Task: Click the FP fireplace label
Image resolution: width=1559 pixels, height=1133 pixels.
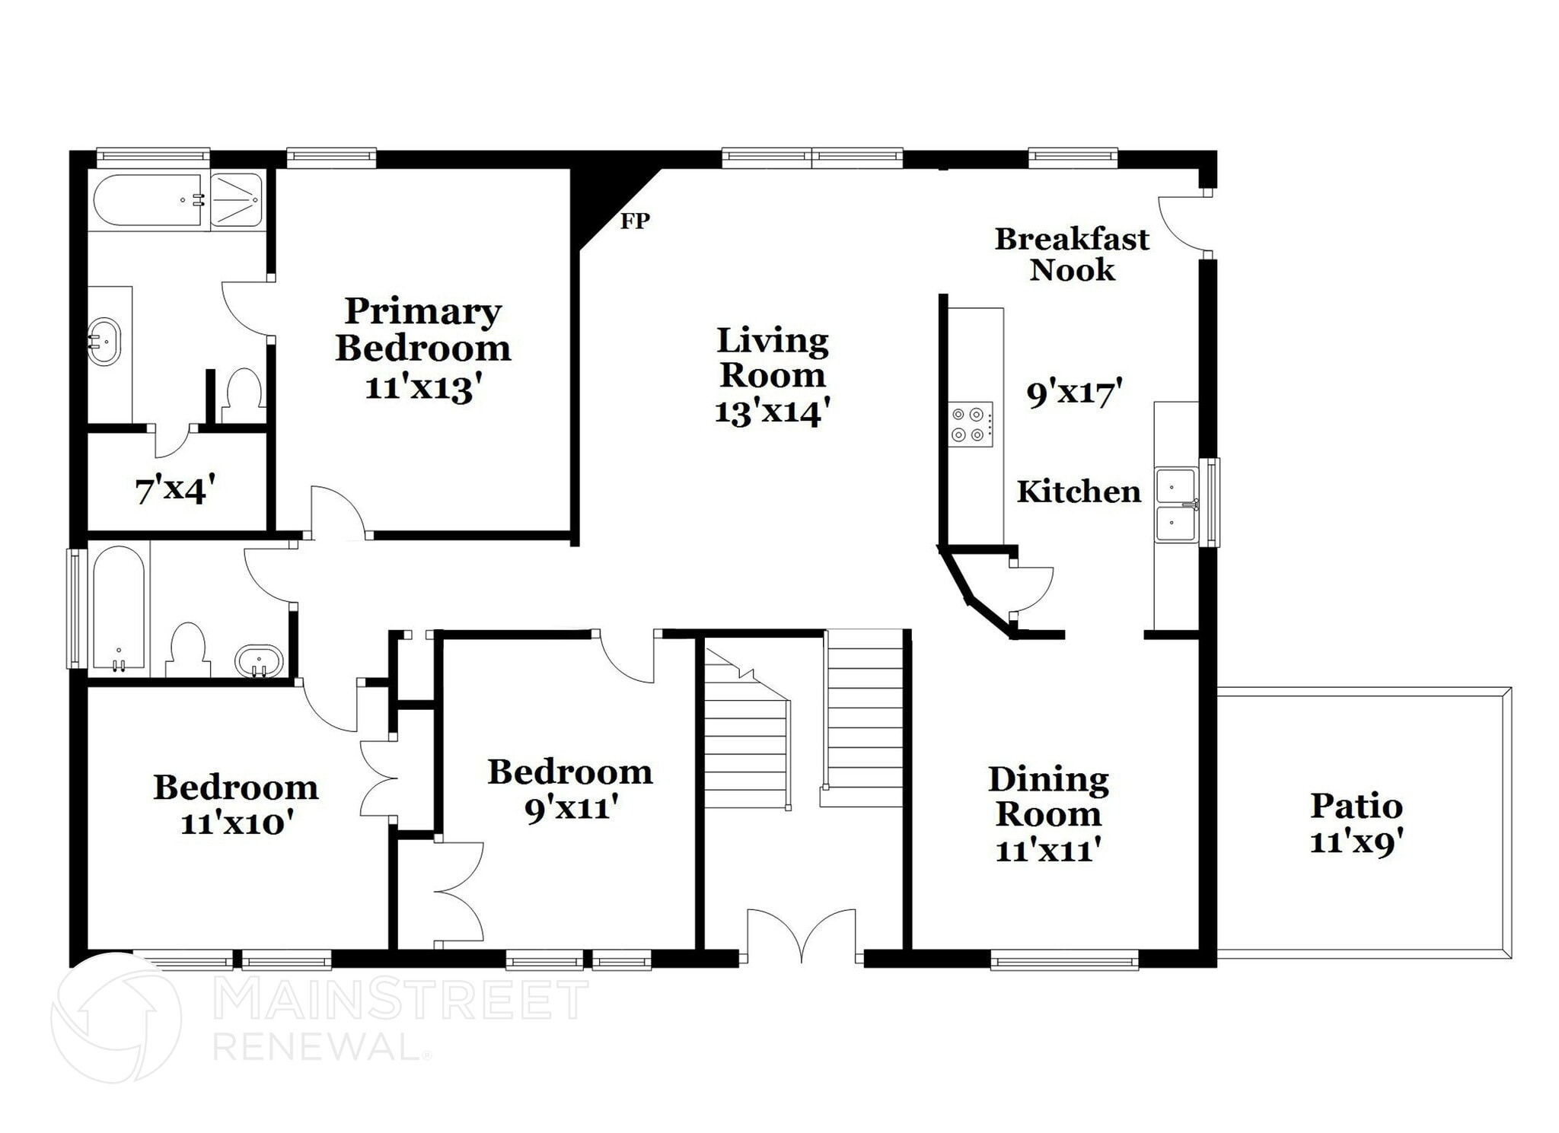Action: tap(635, 221)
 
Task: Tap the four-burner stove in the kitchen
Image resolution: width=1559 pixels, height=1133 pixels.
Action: tap(971, 425)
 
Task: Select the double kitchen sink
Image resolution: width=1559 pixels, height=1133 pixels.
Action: tap(1176, 504)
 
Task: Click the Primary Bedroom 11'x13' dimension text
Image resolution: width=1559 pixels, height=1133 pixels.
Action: tap(423, 388)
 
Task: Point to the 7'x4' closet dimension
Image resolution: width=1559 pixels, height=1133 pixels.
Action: tap(175, 489)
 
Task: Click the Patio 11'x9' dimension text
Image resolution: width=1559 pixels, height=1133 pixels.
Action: tap(1357, 842)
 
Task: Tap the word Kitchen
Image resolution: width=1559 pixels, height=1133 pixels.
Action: tap(1079, 492)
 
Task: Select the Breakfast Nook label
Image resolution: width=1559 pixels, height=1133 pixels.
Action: tap(1072, 254)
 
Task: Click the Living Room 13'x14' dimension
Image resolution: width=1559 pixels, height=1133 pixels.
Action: tap(772, 412)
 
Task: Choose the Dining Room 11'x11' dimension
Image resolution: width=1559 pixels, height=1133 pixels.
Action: tap(1048, 849)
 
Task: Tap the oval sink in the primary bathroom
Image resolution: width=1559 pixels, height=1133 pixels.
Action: tap(104, 342)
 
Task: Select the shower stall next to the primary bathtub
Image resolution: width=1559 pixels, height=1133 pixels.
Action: tap(236, 200)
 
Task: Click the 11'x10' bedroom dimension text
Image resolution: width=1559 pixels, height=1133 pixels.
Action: tap(237, 823)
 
